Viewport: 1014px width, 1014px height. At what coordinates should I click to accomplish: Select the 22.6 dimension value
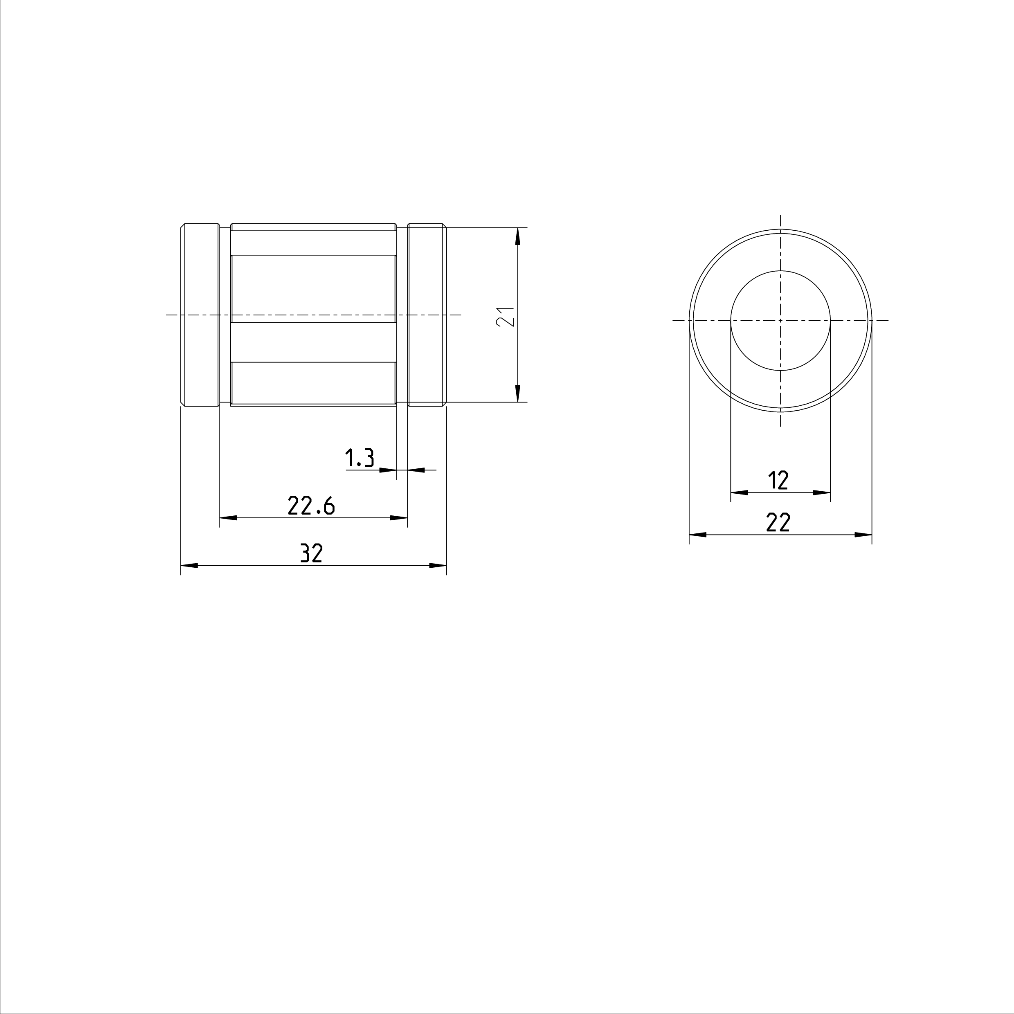coord(311,506)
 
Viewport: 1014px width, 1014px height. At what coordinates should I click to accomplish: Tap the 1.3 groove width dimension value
coord(360,458)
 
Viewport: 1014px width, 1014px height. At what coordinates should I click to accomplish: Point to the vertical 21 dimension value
coord(505,317)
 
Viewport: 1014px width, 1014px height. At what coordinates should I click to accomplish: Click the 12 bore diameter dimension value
coord(779,480)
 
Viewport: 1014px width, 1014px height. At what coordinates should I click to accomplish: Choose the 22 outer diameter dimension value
coord(778,522)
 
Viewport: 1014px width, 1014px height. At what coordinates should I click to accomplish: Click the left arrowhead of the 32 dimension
coord(189,566)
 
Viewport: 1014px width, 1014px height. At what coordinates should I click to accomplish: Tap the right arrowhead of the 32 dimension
coord(438,566)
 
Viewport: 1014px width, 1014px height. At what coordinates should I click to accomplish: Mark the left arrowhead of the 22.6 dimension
coord(228,518)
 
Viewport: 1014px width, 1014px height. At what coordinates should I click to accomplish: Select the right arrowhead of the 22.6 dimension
coord(399,518)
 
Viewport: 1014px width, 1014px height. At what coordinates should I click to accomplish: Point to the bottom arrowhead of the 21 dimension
coord(517,393)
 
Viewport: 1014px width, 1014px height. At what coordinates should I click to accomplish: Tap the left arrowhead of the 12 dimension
coord(739,493)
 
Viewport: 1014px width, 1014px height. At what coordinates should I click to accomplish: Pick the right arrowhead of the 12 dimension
coord(822,493)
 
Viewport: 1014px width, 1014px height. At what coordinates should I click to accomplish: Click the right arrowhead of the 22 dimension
coord(863,535)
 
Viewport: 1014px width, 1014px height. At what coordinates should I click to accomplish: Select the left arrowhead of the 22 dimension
coord(697,535)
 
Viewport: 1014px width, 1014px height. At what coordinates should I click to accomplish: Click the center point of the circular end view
coord(780,320)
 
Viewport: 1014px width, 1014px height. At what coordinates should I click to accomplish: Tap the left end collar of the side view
coord(200,315)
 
